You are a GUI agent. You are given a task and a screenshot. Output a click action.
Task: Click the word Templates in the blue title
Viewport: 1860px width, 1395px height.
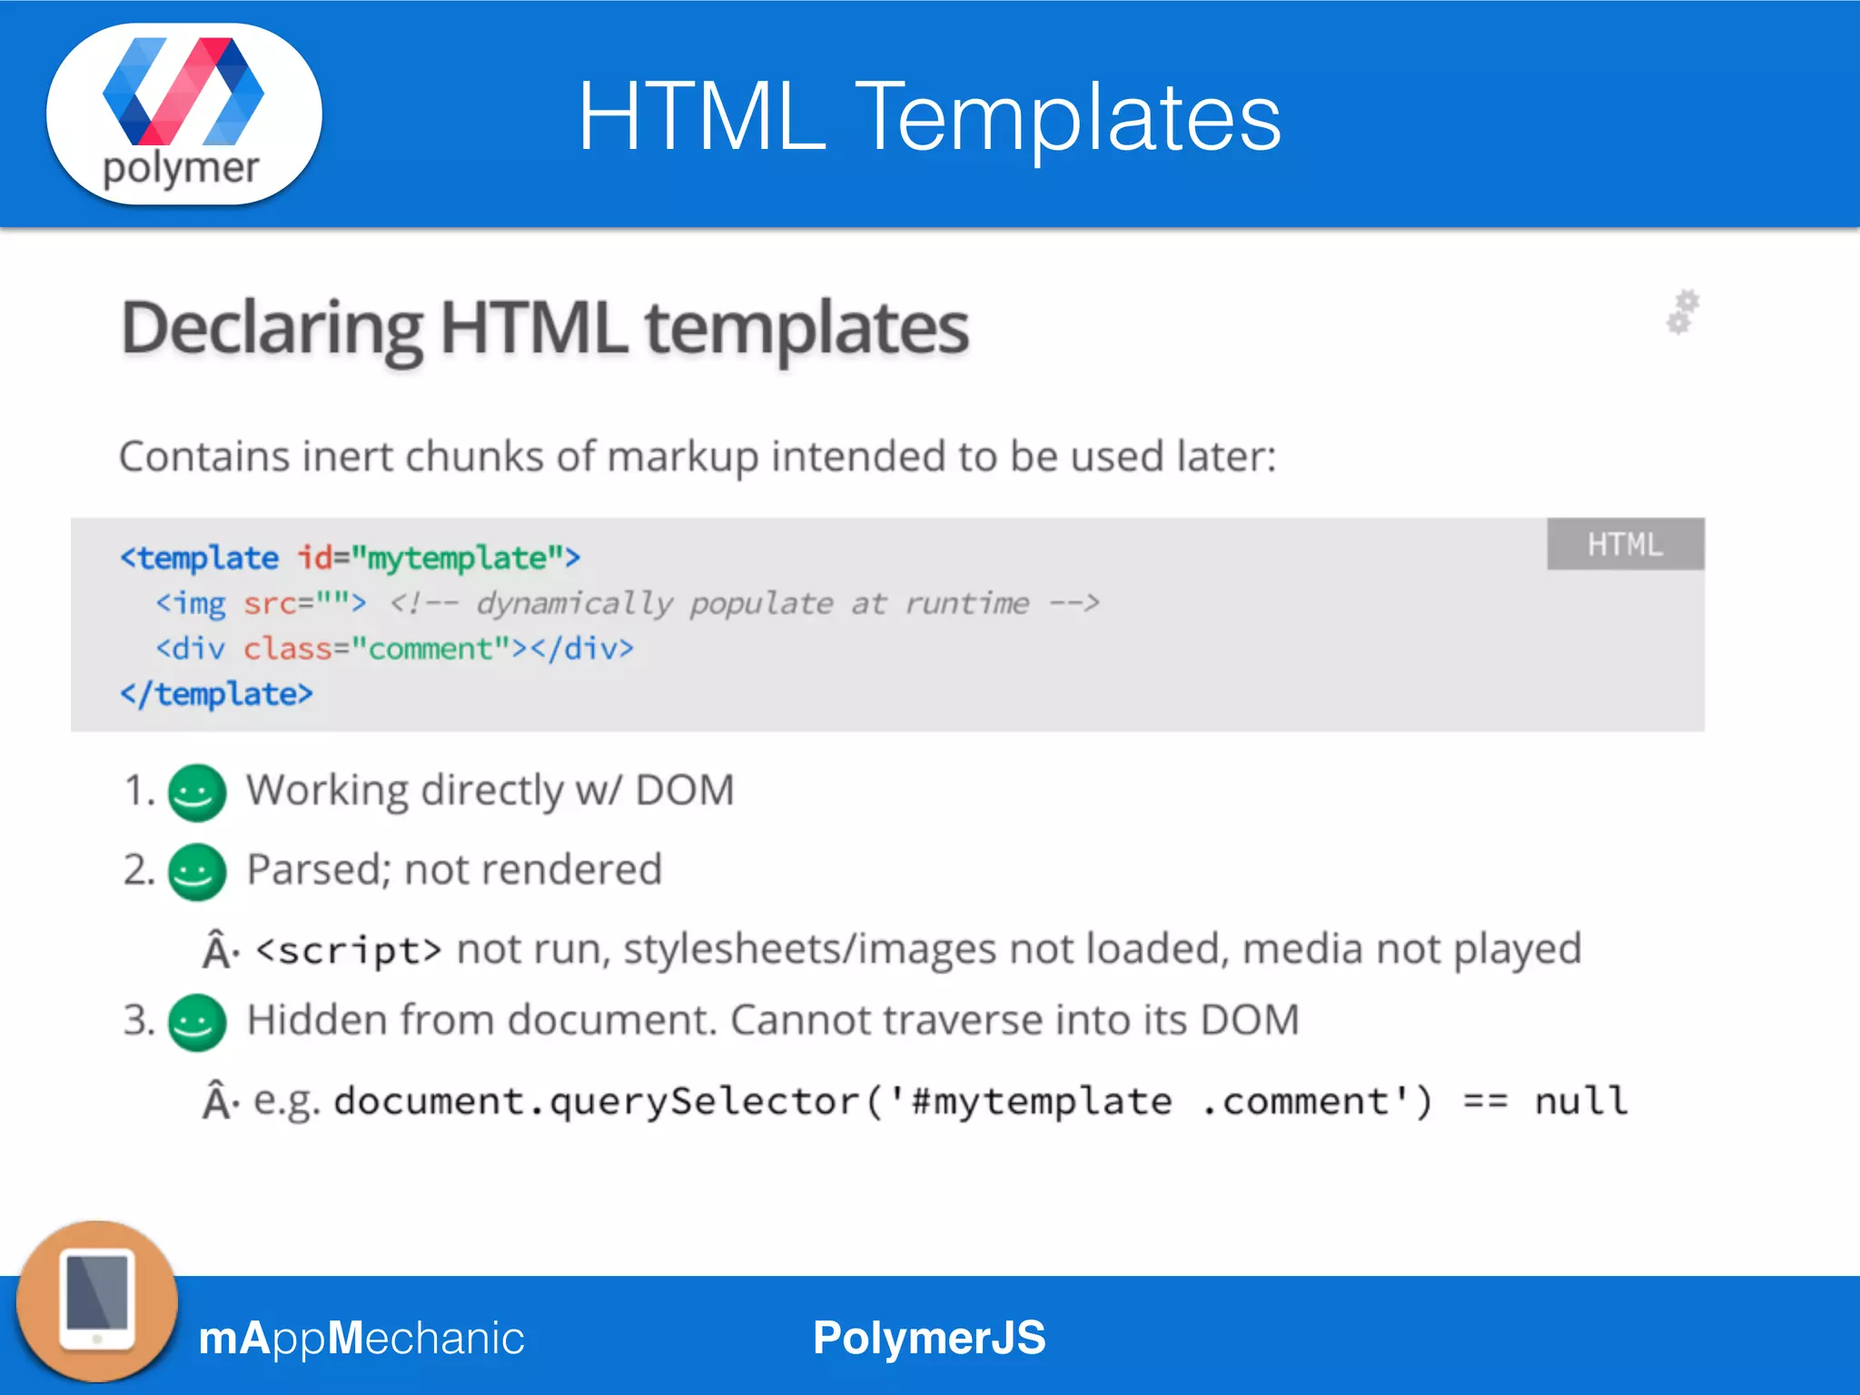tap(1067, 118)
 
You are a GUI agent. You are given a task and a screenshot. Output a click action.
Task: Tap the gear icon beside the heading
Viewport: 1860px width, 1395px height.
tap(1682, 312)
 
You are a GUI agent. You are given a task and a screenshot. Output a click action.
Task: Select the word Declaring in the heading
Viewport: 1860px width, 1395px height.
tap(272, 329)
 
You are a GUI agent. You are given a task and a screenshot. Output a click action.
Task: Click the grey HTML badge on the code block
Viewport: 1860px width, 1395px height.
tap(1625, 544)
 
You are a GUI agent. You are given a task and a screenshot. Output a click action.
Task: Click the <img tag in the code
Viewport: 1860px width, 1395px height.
tap(191, 603)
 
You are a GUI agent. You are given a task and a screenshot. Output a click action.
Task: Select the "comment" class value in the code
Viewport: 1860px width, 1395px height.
tap(430, 648)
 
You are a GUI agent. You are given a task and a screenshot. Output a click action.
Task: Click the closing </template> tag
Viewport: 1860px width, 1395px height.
tap(216, 694)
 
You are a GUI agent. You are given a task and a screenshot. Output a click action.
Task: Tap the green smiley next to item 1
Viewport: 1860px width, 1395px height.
tap(197, 793)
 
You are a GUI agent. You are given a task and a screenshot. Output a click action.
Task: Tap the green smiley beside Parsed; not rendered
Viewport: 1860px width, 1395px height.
tap(197, 872)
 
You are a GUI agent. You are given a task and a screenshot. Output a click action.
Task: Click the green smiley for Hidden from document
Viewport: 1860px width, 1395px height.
tap(197, 1023)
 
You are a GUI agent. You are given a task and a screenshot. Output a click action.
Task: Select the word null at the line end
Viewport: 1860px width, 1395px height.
tap(1580, 1101)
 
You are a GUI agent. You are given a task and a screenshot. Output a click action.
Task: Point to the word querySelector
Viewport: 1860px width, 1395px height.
tap(704, 1101)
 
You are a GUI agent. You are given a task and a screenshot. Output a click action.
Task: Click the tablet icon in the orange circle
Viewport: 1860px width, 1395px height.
tap(97, 1301)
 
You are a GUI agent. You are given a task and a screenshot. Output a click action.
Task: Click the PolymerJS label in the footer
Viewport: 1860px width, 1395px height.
tap(929, 1338)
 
